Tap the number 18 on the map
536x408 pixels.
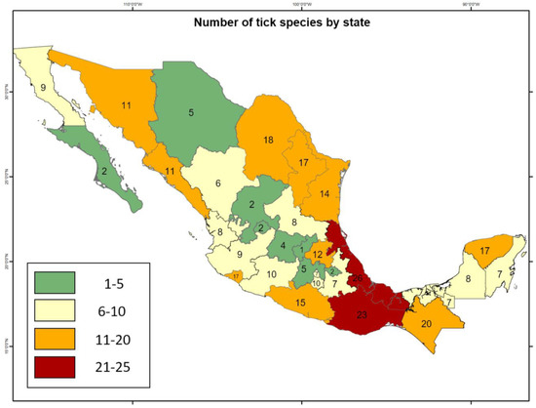click(x=267, y=141)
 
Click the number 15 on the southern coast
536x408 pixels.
click(x=300, y=304)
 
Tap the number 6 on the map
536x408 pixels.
click(x=218, y=183)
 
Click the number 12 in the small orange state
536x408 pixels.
click(x=318, y=254)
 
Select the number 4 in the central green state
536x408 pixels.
click(x=283, y=245)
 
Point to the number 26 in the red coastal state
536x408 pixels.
click(x=359, y=279)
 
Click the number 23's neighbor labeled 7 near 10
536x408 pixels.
click(x=333, y=284)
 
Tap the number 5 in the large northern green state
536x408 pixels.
click(x=190, y=112)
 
